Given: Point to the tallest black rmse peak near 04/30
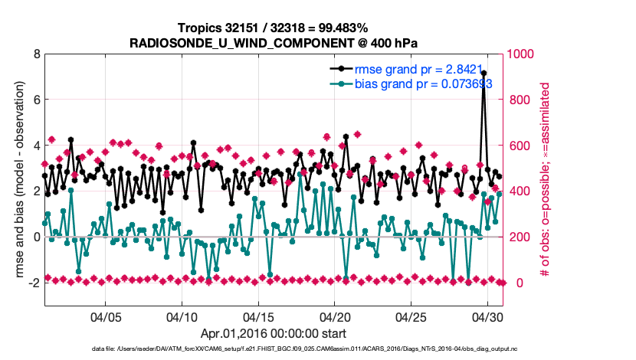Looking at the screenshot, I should tap(484, 73).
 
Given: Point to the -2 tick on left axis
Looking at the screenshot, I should tap(34, 283).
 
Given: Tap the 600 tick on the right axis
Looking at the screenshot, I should tap(521, 146).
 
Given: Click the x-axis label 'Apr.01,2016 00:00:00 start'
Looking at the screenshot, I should tap(273, 333).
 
